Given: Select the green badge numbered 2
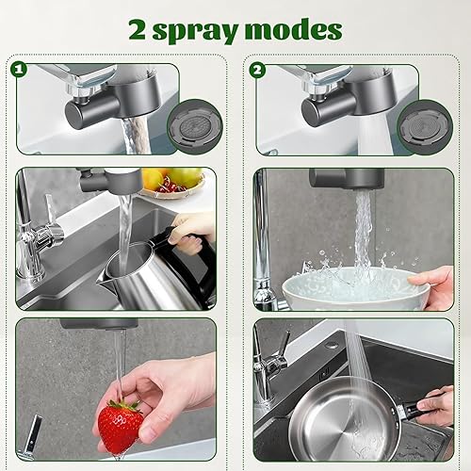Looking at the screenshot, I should pyautogui.click(x=258, y=70).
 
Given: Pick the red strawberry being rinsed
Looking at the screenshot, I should pyautogui.click(x=121, y=426).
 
